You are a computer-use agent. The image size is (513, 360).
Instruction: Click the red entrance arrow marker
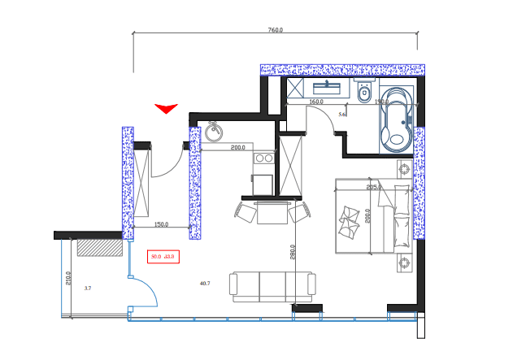pyautogui.click(x=166, y=108)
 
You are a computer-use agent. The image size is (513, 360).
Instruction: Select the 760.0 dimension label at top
pyautogui.click(x=276, y=30)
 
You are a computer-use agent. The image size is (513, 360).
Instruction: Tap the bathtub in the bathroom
pyautogui.click(x=397, y=120)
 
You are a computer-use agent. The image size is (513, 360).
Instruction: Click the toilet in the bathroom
pyautogui.click(x=363, y=93)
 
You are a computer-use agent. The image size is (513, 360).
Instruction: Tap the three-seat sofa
pyautogui.click(x=272, y=286)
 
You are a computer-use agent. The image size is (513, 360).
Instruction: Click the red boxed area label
pyautogui.click(x=163, y=257)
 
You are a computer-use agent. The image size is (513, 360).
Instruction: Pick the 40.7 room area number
pyautogui.click(x=205, y=284)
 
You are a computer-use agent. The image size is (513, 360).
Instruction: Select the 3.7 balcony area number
pyautogui.click(x=88, y=288)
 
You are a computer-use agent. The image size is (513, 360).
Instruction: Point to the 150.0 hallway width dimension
pyautogui.click(x=161, y=224)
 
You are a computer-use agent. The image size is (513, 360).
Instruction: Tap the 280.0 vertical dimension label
pyautogui.click(x=293, y=252)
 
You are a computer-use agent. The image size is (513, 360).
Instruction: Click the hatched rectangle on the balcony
pyautogui.click(x=98, y=247)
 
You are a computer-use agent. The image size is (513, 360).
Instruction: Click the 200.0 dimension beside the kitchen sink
pyautogui.click(x=237, y=148)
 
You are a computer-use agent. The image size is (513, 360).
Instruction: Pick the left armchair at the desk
pyautogui.click(x=246, y=213)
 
